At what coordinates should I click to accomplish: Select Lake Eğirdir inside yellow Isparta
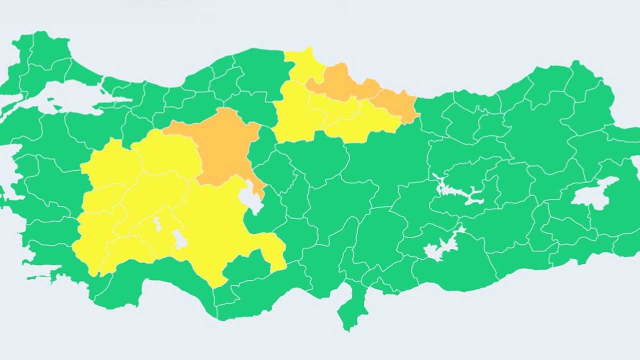[x=157, y=224]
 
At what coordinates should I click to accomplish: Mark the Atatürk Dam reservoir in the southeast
[x=442, y=245]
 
